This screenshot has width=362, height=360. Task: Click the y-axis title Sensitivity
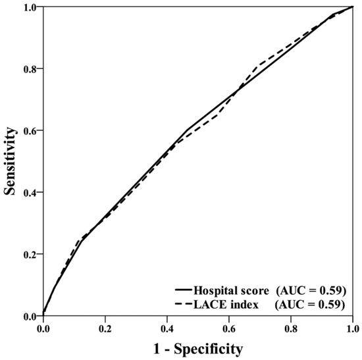(x=10, y=161)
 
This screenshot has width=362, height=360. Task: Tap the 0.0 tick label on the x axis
(x=43, y=325)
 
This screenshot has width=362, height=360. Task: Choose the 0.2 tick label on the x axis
(x=105, y=325)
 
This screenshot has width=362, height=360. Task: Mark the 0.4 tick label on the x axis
(x=167, y=325)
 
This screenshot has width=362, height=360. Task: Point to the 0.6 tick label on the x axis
(x=229, y=325)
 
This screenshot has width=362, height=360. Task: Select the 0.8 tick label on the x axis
(x=291, y=325)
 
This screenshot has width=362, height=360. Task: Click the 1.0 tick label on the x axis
(x=353, y=325)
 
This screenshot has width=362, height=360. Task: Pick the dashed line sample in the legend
(x=183, y=303)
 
